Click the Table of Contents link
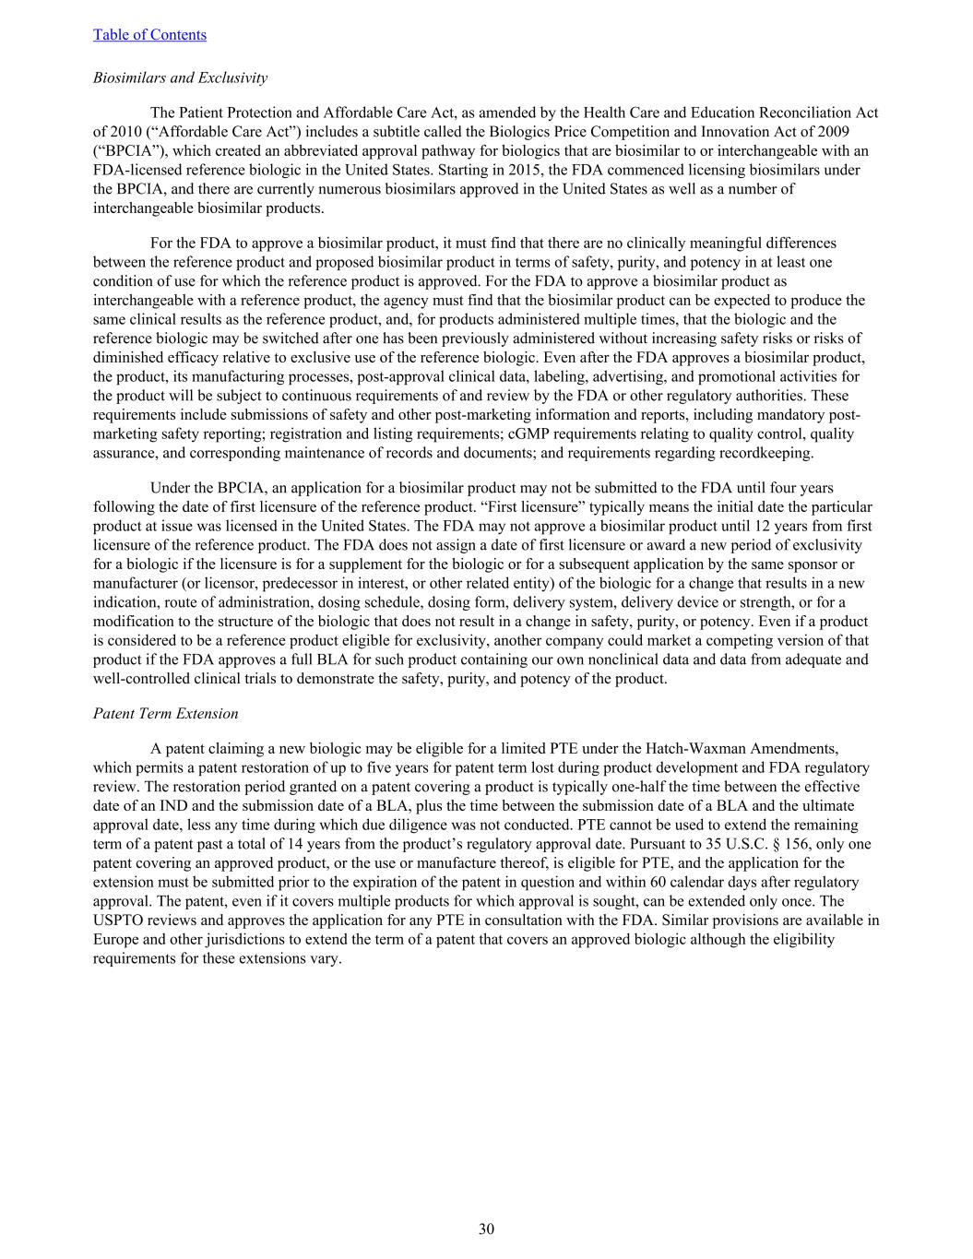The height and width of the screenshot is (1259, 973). click(149, 35)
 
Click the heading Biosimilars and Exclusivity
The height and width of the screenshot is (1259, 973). click(180, 77)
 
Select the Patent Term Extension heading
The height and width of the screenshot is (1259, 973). click(165, 714)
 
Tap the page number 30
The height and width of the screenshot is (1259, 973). click(486, 1229)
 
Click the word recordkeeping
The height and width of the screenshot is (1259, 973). click(771, 453)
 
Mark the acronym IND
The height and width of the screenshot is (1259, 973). click(190, 806)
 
